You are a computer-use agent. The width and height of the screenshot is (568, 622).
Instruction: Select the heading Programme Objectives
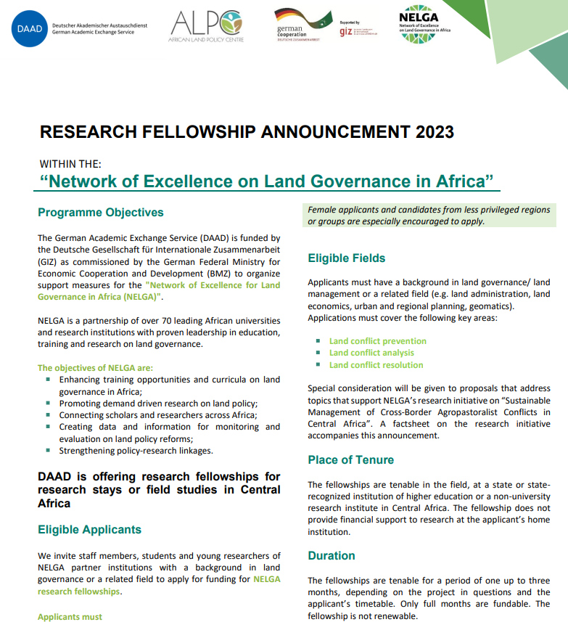tap(101, 213)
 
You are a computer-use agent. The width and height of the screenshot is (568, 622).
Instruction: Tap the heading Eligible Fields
tap(346, 258)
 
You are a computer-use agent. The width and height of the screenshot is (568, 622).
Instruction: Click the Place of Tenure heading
tap(350, 459)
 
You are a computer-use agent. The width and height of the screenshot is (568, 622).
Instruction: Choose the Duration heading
tap(331, 555)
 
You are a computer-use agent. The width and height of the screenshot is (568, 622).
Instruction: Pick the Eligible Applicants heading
tap(89, 529)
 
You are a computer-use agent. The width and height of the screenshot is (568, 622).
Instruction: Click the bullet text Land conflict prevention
tap(377, 341)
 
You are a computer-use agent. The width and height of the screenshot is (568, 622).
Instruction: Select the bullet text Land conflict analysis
tap(371, 353)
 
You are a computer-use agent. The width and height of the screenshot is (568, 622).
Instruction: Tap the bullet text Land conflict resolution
tap(376, 365)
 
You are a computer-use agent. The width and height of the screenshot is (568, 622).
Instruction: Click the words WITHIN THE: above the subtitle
tap(70, 164)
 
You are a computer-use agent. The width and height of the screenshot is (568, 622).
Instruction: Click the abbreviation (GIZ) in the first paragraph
tap(49, 261)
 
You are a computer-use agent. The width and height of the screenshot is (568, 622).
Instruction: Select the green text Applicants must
tap(70, 616)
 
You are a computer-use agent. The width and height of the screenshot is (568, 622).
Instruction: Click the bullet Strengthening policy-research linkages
tap(136, 451)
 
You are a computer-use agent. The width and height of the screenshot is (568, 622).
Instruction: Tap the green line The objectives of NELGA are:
tap(95, 368)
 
